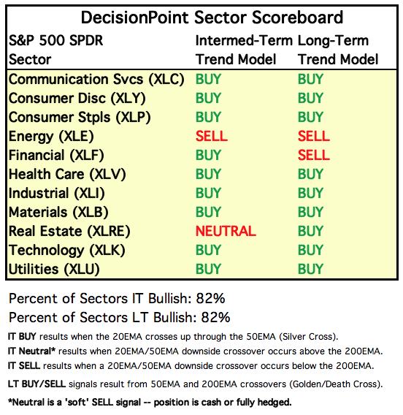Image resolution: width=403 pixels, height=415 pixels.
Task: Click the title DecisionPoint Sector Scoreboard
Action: (212, 18)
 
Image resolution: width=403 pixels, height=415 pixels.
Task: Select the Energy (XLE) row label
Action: (51, 137)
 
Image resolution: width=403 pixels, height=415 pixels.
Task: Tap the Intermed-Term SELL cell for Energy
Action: (211, 137)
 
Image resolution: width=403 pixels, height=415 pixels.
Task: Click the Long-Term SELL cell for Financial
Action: (314, 155)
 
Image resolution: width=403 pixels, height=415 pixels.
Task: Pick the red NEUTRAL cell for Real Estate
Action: (226, 231)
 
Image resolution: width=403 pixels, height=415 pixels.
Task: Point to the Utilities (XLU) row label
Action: (54, 269)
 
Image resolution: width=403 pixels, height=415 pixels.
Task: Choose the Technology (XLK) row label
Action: (66, 251)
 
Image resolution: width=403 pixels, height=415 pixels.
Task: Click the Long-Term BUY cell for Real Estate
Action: (310, 231)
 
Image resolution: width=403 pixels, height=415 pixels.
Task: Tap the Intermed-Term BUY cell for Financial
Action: (208, 155)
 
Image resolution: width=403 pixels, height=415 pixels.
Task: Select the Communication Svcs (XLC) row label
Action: (96, 80)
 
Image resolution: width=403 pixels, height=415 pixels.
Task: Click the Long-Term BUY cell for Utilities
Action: (310, 269)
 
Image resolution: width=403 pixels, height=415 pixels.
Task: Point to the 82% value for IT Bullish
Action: (210, 298)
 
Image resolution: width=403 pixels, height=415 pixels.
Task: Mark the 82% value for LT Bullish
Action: (215, 317)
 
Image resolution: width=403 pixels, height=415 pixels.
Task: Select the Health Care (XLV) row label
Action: (67, 175)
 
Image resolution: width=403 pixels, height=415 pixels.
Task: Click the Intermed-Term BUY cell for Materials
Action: (208, 212)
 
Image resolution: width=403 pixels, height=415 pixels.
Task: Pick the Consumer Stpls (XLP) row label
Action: (80, 118)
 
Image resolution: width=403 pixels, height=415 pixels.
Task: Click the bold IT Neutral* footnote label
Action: (31, 351)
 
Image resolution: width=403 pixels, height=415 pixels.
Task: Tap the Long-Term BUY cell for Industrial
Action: (310, 193)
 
